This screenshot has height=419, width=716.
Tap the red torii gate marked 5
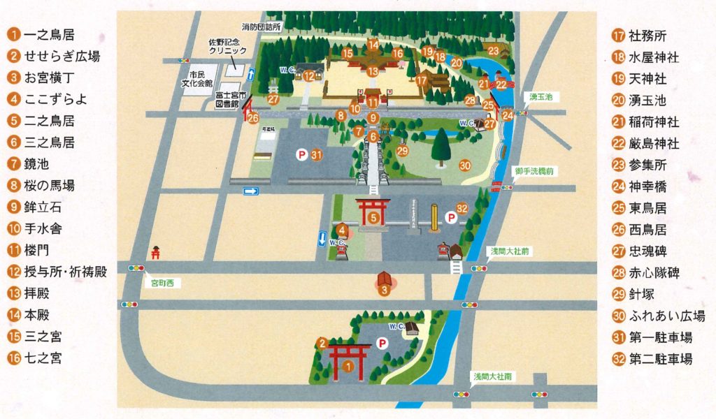(373, 213)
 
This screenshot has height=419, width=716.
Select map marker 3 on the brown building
(383, 291)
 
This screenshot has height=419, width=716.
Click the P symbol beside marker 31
(301, 155)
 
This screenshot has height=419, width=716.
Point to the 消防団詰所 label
(261, 27)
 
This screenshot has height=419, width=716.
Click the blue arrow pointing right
(251, 191)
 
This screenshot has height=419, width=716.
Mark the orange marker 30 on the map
(465, 166)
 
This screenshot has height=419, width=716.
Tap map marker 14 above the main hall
(373, 45)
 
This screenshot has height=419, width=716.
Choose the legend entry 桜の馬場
(49, 185)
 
